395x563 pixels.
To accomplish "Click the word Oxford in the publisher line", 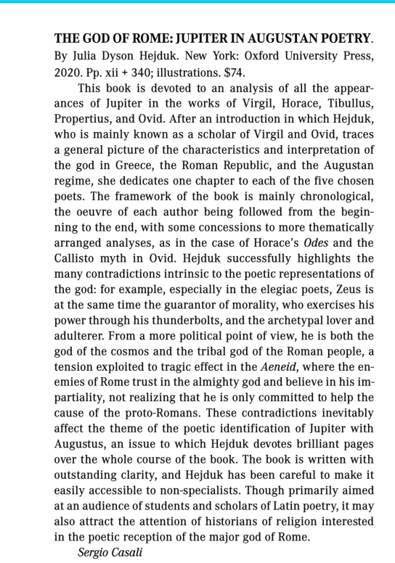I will tap(252, 54).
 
